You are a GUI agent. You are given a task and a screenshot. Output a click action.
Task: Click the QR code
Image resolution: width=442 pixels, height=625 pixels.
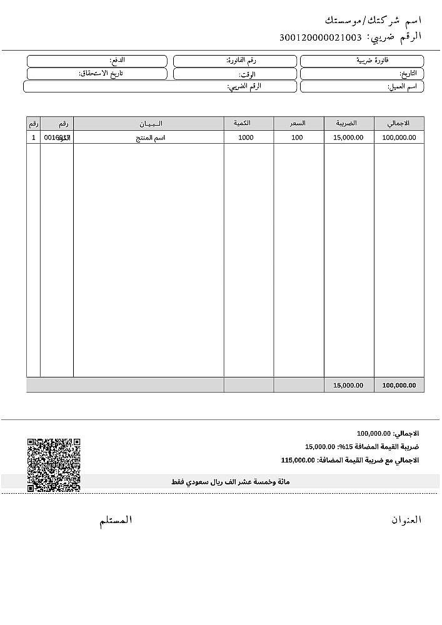coord(54,465)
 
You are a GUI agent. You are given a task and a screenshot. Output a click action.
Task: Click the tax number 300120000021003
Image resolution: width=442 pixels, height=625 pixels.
coord(321,37)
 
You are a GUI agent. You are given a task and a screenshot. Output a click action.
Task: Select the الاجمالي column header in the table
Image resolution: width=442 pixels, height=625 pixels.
coord(399,123)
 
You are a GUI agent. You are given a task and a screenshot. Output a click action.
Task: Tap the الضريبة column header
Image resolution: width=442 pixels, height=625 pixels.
coord(349,123)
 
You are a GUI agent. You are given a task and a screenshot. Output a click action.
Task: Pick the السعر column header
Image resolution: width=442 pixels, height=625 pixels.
coord(298,123)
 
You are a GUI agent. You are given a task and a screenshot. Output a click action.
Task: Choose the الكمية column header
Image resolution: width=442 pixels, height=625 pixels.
coord(248,123)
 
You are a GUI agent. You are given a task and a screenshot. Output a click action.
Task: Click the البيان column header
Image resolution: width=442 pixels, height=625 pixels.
coord(149,123)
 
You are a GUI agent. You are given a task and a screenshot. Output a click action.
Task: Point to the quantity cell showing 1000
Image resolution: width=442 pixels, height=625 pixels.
coord(246,137)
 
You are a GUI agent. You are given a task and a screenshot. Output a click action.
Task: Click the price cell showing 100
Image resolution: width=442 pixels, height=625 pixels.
coord(297,137)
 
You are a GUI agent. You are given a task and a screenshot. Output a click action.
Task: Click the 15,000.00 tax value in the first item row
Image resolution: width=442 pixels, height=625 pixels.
coord(348,137)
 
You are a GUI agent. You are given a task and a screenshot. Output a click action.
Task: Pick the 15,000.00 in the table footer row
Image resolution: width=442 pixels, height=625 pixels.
coord(348,386)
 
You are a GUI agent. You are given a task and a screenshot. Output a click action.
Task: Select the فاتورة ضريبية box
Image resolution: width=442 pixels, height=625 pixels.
coord(362,61)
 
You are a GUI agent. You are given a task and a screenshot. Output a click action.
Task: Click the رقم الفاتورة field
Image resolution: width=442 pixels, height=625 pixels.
coord(234,61)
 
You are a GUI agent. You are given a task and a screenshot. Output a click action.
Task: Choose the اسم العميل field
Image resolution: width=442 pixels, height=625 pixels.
coord(362,86)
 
